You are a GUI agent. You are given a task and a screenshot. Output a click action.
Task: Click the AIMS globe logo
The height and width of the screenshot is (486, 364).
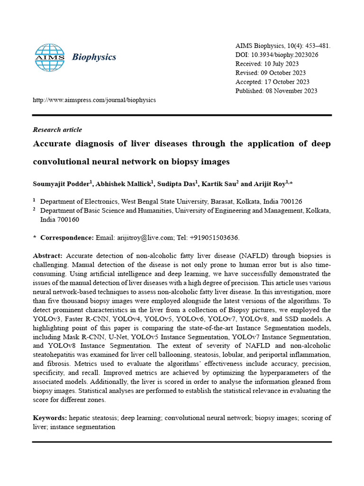(50, 57)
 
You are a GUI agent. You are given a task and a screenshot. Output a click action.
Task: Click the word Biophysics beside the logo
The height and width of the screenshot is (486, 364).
(94, 57)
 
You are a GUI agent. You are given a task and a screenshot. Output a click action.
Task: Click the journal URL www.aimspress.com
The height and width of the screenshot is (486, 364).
(94, 100)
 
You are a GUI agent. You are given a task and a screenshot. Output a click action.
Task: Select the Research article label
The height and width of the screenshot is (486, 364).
(57, 130)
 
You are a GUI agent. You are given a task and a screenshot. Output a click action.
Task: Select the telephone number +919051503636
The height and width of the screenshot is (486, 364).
(217, 237)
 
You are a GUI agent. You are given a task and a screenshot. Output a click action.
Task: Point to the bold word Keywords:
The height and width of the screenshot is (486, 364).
(50, 418)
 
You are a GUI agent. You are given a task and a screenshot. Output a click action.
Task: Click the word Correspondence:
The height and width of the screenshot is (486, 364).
(67, 237)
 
